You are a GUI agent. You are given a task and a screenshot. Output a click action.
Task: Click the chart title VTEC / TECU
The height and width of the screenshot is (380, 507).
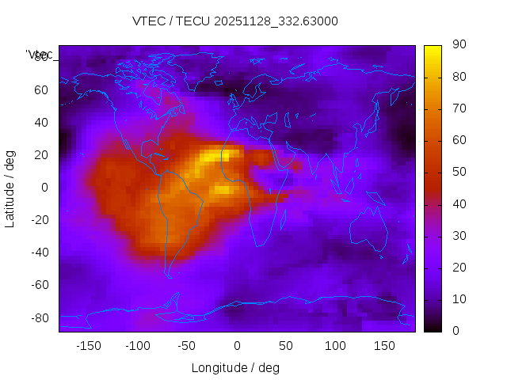pyautogui.click(x=234, y=21)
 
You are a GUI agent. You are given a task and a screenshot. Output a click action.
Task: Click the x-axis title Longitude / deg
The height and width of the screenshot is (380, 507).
pyautogui.click(x=235, y=367)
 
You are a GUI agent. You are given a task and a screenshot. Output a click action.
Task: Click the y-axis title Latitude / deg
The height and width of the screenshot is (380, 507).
pyautogui.click(x=10, y=188)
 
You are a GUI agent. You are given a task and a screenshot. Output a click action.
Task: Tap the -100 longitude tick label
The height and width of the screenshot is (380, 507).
pyautogui.click(x=137, y=346)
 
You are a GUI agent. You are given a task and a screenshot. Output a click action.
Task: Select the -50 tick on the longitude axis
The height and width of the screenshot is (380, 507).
pyautogui.click(x=187, y=346)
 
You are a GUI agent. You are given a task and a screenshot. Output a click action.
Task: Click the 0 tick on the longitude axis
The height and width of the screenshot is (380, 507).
pyautogui.click(x=237, y=346)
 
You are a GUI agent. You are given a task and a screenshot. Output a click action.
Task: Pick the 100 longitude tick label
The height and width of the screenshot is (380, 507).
pyautogui.click(x=335, y=346)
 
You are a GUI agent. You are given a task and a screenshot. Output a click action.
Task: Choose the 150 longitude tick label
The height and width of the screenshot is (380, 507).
pyautogui.click(x=384, y=346)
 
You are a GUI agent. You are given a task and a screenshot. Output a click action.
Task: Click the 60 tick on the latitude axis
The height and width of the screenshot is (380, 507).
pyautogui.click(x=41, y=90)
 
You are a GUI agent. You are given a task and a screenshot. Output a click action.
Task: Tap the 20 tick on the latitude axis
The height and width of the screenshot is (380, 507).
pyautogui.click(x=41, y=155)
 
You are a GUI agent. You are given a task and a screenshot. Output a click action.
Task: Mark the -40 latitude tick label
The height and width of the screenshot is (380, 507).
pyautogui.click(x=38, y=253)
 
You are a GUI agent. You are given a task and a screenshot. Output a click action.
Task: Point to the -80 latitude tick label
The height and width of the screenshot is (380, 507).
pyautogui.click(x=38, y=317)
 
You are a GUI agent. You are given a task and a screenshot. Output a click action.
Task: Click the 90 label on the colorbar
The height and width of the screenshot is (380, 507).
pyautogui.click(x=458, y=45)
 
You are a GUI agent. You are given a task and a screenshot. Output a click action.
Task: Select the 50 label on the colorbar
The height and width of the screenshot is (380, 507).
pyautogui.click(x=458, y=172)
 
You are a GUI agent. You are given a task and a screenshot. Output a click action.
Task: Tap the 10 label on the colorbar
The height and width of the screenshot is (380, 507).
pyautogui.click(x=458, y=299)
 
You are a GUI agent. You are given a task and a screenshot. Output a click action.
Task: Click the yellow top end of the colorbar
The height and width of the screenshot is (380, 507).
pyautogui.click(x=433, y=49)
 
